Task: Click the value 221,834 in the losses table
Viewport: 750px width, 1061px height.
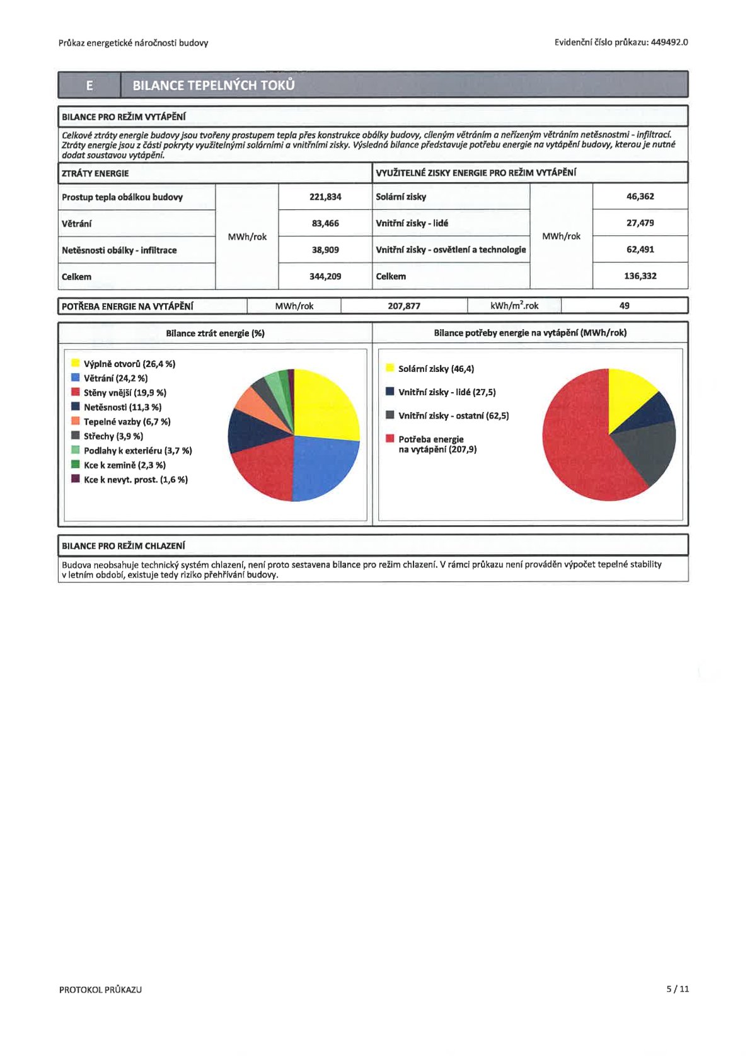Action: (325, 197)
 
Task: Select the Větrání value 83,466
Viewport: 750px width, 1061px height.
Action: (325, 223)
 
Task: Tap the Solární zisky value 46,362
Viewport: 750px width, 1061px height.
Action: (640, 196)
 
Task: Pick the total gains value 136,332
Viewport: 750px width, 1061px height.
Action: (640, 275)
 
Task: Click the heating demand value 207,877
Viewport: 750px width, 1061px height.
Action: (404, 306)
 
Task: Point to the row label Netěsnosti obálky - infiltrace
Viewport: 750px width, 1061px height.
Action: (119, 250)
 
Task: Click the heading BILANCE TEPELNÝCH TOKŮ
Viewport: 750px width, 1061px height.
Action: (213, 85)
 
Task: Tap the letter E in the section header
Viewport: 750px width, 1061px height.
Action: (89, 85)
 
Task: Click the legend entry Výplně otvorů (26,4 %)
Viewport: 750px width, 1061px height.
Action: (129, 364)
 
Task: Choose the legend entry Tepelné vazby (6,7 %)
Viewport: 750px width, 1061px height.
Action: (127, 422)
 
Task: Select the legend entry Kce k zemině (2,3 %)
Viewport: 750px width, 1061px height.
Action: (124, 465)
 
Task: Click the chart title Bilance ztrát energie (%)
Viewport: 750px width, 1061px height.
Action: (215, 333)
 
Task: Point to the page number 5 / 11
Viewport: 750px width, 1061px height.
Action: (678, 989)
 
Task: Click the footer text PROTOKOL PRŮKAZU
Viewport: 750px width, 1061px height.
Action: (100, 989)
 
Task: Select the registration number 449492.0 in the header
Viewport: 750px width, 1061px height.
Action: (669, 42)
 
